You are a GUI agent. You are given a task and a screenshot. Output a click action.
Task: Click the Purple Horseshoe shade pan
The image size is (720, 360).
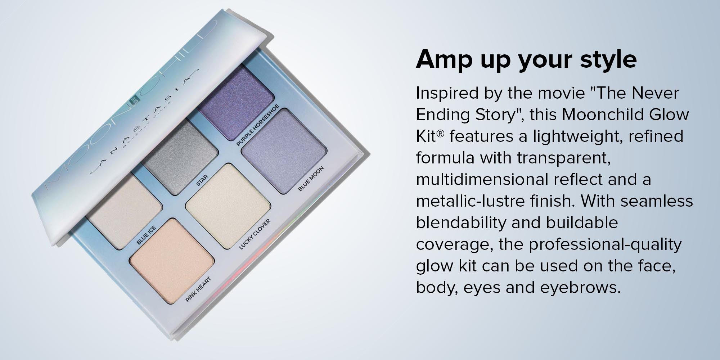(236, 103)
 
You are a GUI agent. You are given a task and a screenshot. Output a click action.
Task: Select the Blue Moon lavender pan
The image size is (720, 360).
(284, 151)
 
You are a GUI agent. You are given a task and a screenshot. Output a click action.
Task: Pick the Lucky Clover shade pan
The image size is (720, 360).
(228, 206)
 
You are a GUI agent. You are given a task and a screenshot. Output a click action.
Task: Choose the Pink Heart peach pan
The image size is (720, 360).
(172, 261)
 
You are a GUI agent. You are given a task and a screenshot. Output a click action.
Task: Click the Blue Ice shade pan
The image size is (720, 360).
(124, 211)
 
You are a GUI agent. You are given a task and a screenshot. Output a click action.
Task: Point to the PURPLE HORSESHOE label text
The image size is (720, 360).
(257, 125)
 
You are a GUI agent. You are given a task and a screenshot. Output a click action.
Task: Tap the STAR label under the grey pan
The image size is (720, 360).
(202, 180)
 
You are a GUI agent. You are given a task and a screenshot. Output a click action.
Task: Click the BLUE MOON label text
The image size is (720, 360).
(311, 178)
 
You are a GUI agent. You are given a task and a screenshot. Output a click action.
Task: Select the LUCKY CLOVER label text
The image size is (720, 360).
(255, 234)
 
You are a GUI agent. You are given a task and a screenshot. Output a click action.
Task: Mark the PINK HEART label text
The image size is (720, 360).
(198, 289)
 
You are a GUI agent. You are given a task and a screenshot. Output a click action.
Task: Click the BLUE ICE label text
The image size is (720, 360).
(146, 235)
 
